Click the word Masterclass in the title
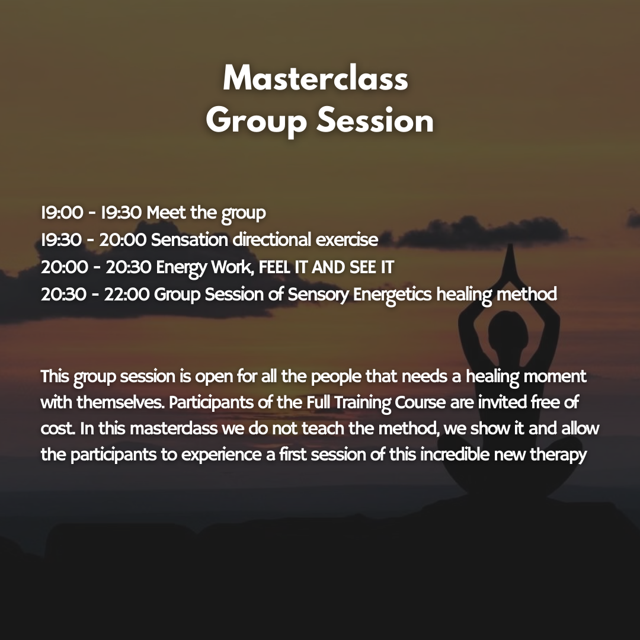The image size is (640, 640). [315, 78]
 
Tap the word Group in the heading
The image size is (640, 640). [257, 121]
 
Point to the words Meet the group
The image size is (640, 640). [206, 213]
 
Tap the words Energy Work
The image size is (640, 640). [206, 268]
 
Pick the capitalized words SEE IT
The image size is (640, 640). [372, 267]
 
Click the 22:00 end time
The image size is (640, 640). [127, 295]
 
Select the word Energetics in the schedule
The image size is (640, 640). [392, 295]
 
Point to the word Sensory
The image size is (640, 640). [318, 295]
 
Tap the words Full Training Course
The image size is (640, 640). [376, 403]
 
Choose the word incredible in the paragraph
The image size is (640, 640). [455, 455]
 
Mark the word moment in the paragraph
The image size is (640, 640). [555, 376]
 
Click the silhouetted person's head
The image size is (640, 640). [508, 329]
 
